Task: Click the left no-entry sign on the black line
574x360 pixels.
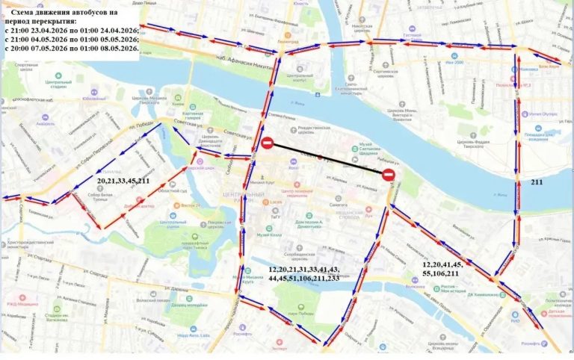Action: click(267, 143)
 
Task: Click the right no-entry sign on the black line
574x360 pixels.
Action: click(388, 176)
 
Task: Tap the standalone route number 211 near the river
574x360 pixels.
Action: click(537, 181)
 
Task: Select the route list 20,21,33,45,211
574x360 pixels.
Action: click(123, 181)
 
